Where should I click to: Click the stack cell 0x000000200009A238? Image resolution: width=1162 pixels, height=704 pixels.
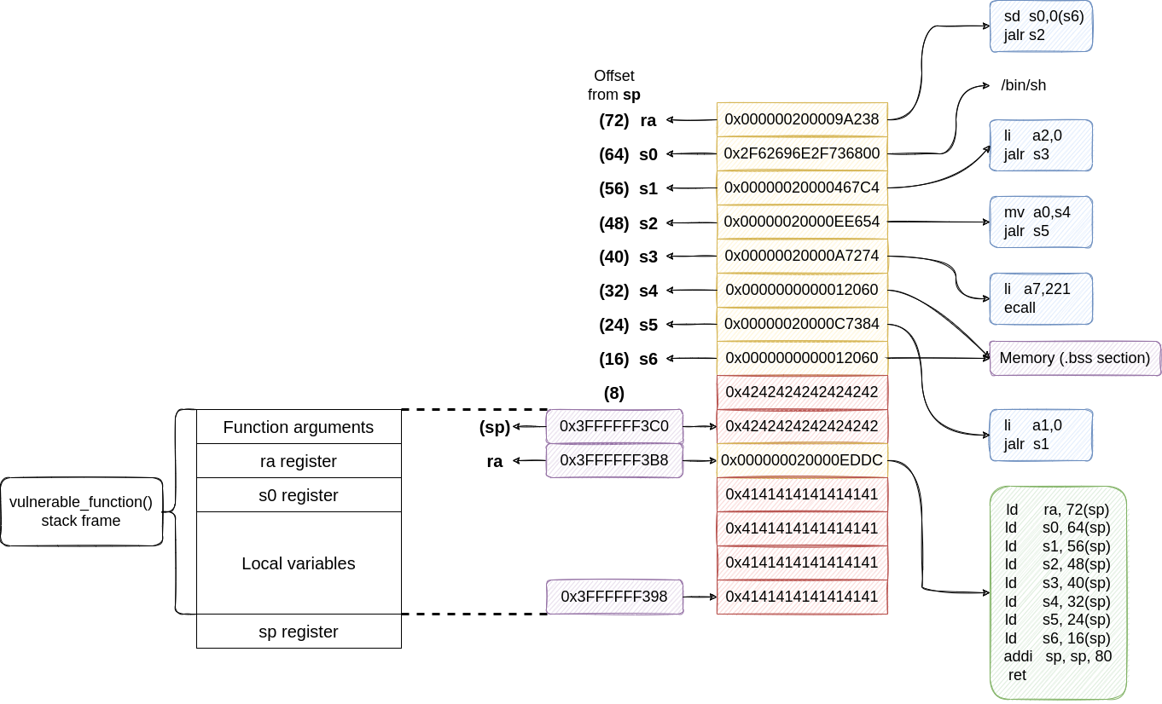tap(801, 119)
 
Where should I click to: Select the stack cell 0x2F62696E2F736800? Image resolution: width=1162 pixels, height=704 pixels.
tap(801, 153)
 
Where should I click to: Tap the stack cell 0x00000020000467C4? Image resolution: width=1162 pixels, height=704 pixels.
tap(801, 188)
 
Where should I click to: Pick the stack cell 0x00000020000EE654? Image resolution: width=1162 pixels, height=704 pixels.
tap(801, 222)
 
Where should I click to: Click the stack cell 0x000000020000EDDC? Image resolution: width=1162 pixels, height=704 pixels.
tap(801, 460)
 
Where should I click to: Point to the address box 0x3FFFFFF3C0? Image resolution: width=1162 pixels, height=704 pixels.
tap(613, 426)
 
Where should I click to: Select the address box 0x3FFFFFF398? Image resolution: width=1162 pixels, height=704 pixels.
tap(613, 597)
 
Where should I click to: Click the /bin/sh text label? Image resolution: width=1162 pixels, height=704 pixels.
tap(1023, 85)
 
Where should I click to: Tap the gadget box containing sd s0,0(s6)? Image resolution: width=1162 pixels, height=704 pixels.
tap(1041, 26)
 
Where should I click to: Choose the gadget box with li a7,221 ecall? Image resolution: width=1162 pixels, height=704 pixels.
tap(1041, 298)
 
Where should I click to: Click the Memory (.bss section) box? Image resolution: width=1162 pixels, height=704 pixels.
tap(1074, 358)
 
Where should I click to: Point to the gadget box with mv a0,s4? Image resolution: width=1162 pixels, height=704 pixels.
tap(1041, 222)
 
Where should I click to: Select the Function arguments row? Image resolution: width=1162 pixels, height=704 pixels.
tap(299, 427)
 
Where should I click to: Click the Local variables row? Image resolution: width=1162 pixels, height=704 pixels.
tap(299, 563)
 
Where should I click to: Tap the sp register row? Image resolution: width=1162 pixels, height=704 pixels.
tap(299, 632)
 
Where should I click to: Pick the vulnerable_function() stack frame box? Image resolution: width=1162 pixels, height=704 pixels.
tap(81, 511)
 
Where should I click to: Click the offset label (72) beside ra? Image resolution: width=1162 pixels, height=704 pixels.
tap(613, 120)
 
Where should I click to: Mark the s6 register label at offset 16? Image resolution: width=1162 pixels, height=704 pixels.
tap(648, 359)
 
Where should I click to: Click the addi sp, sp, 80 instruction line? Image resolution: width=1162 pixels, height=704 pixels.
tap(1058, 656)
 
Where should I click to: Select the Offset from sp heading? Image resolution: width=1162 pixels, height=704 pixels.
tap(614, 85)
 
